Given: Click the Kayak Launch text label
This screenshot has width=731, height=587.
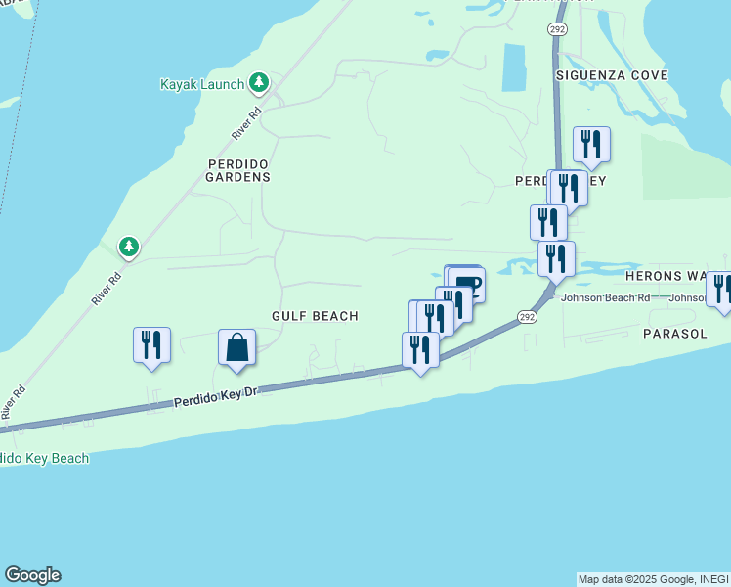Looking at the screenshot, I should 201,84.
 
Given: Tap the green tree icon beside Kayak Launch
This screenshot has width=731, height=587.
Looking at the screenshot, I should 259,83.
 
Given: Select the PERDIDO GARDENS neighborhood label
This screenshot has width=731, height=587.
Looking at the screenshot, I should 237,170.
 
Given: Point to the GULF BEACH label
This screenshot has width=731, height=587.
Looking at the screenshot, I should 315,316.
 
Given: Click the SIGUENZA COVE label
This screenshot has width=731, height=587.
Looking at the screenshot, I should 612,75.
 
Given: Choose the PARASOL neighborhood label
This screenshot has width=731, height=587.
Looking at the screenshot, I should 675,334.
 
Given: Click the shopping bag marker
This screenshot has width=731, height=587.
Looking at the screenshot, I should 236,347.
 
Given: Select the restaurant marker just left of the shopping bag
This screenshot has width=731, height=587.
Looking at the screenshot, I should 151,345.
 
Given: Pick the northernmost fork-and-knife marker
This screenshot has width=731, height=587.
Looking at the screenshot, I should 591,144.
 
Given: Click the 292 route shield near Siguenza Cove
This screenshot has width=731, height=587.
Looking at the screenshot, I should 556,30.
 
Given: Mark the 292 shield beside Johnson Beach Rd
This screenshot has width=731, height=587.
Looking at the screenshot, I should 527,317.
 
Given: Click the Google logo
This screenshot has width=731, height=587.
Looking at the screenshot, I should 32,575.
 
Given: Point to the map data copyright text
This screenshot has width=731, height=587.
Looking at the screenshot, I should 653,579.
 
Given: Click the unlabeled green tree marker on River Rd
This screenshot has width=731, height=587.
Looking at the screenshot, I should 128,247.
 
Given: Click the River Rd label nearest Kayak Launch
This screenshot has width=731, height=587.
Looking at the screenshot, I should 247,122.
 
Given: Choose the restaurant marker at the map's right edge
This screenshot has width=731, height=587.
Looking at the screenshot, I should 722,289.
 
